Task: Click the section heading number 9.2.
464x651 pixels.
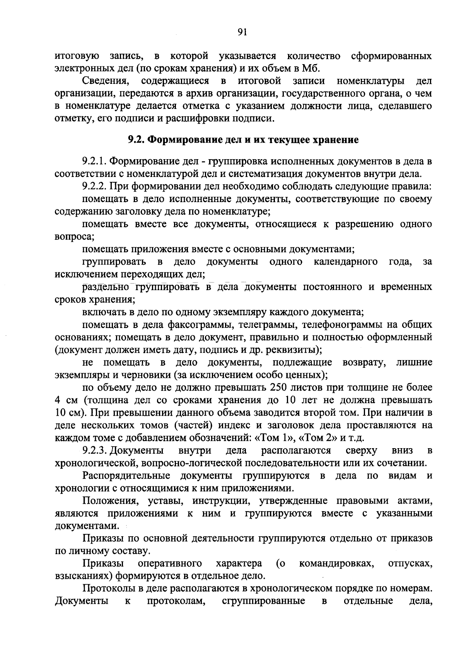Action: [x=136, y=139]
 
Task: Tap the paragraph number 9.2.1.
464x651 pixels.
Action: [x=94, y=161]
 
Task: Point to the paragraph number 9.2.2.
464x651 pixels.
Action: [x=94, y=187]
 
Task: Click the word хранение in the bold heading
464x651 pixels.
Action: [x=337, y=139]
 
